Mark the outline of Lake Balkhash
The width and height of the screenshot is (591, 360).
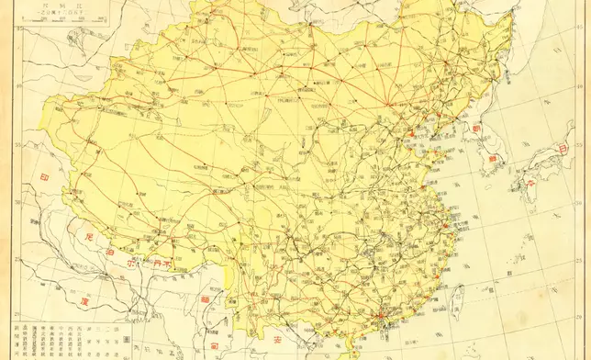(55, 46)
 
